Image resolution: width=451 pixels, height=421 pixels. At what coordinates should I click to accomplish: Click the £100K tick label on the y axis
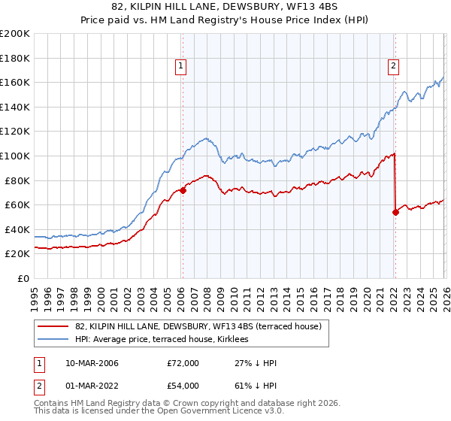[14, 156]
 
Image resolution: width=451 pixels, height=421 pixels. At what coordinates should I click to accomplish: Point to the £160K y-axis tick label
[14, 82]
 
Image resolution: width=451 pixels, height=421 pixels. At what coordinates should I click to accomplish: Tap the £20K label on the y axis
[17, 254]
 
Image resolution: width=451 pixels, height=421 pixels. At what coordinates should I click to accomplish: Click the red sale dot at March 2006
[183, 190]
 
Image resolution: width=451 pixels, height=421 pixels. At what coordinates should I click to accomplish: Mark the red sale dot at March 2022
[395, 212]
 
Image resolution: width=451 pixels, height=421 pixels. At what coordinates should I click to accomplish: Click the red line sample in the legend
[53, 326]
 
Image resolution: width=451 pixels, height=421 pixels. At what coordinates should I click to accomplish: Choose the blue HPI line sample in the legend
[53, 340]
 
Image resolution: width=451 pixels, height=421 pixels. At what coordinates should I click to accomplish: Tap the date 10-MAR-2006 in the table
[92, 363]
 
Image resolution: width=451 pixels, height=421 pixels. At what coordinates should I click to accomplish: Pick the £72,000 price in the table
[183, 363]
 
